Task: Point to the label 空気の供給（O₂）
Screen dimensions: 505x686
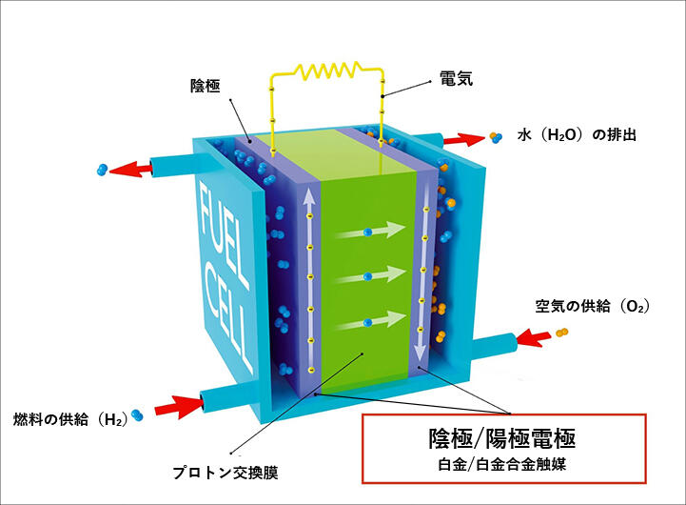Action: coord(591,307)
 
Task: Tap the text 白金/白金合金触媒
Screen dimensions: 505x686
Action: coord(501,466)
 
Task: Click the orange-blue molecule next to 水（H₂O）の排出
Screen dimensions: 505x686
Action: coord(495,138)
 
